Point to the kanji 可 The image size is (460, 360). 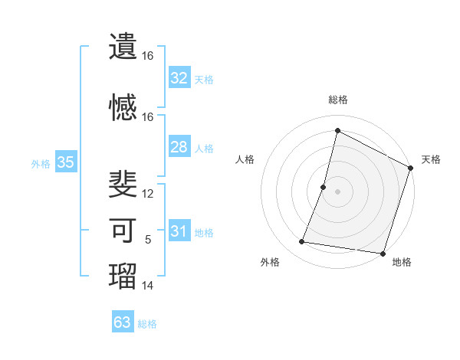(123, 231)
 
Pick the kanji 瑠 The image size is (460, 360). (123, 277)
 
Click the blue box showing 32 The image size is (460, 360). (179, 78)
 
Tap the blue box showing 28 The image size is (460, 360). (179, 147)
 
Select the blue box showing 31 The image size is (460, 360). (179, 231)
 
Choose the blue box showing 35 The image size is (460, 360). (65, 162)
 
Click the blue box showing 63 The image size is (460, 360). (123, 322)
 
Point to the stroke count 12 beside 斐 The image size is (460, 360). (148, 194)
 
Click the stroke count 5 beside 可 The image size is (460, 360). (148, 241)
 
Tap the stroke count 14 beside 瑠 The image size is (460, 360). (148, 286)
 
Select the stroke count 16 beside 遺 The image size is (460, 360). (148, 56)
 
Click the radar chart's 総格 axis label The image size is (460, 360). (337, 100)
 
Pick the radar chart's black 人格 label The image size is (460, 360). (245, 159)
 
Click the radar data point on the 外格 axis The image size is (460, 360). (302, 242)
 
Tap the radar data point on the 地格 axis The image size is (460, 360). (383, 254)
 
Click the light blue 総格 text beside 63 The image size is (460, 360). (147, 324)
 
